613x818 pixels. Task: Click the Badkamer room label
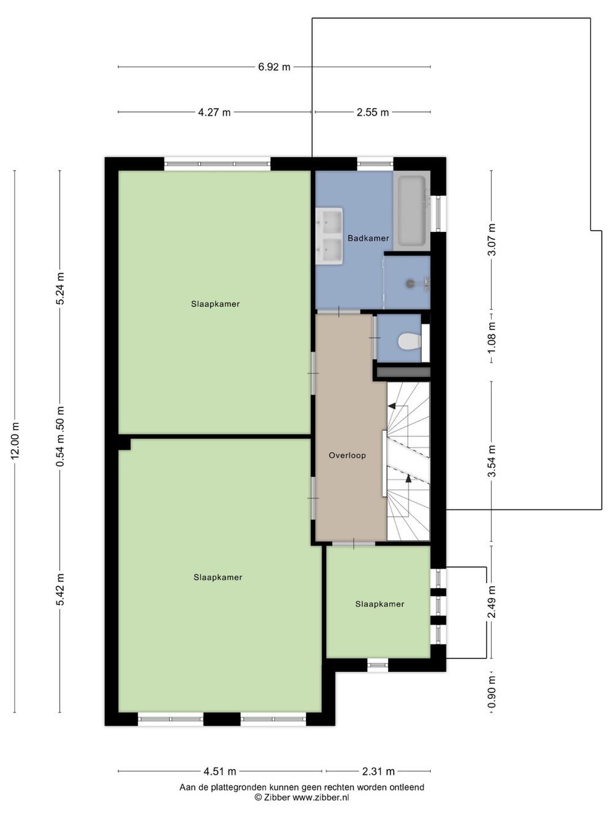[x=368, y=238]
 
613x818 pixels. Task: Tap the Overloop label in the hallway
[x=347, y=455]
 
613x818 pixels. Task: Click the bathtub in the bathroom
[x=412, y=211]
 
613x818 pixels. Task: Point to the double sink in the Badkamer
[x=329, y=236]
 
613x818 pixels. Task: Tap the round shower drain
[x=409, y=284]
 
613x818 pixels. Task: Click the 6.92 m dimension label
[x=274, y=67]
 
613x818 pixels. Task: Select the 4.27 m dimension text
[x=214, y=112]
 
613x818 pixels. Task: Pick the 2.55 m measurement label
[x=373, y=112]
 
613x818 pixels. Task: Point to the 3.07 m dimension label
[x=492, y=239]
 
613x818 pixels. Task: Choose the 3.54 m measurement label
[x=492, y=461]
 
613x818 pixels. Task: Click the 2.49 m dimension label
[x=492, y=602]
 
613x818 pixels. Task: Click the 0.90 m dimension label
[x=492, y=692]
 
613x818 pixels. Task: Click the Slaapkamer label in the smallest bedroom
[x=379, y=604]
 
